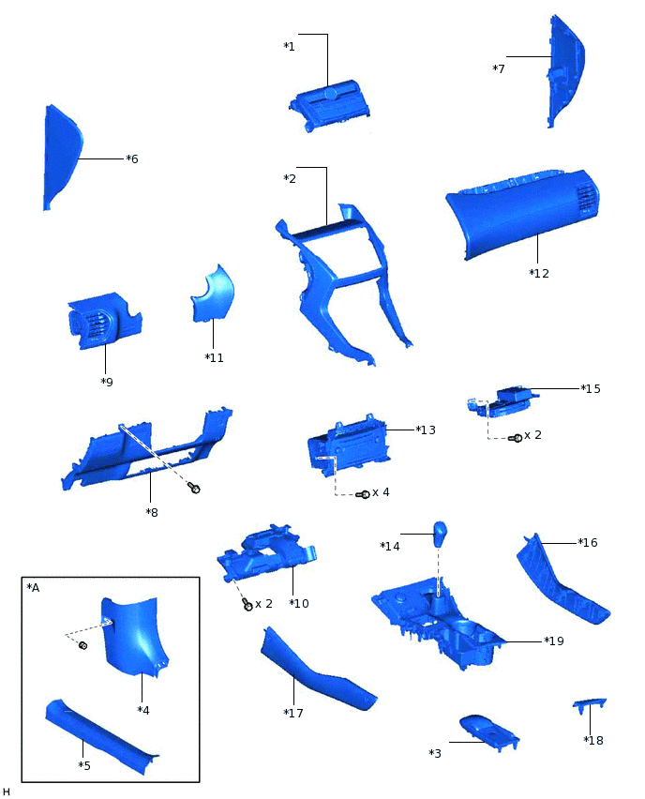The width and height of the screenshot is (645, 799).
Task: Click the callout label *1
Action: [x=289, y=46]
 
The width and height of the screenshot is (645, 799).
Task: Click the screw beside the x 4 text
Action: [x=365, y=494]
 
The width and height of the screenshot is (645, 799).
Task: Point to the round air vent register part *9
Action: [x=100, y=324]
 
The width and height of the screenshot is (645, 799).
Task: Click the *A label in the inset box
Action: [x=34, y=588]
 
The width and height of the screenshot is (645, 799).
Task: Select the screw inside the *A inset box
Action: [x=82, y=645]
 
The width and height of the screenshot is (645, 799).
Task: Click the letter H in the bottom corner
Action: [x=7, y=791]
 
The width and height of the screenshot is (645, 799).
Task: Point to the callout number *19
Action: [x=553, y=641]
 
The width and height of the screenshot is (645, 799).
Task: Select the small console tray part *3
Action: [x=487, y=730]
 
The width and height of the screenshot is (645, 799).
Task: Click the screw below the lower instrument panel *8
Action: [x=194, y=488]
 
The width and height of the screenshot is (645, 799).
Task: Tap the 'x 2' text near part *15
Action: [x=532, y=435]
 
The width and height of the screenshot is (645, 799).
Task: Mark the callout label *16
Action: [x=587, y=543]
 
